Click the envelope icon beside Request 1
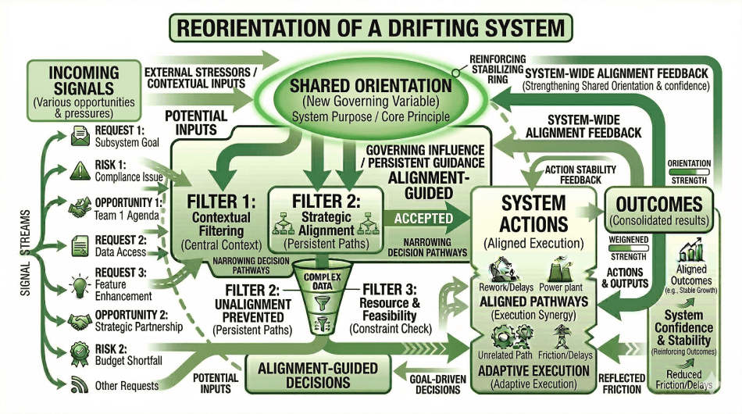click(x=80, y=136)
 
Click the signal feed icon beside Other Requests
click(x=80, y=385)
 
